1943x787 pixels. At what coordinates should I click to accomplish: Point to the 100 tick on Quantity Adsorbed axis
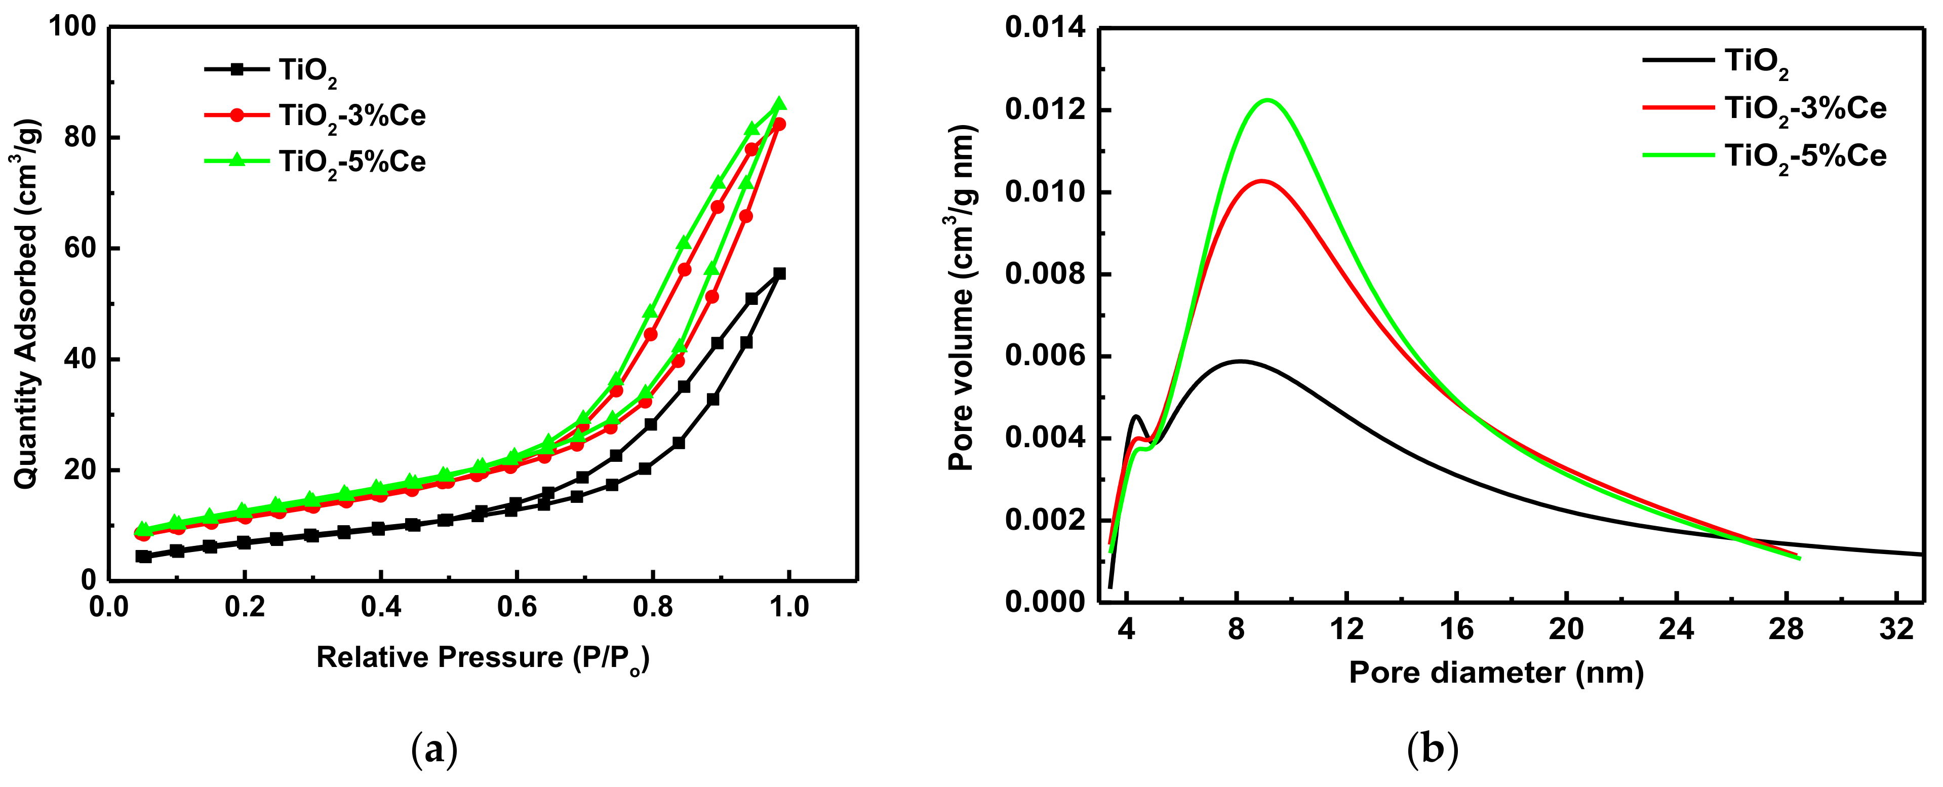[x=72, y=27]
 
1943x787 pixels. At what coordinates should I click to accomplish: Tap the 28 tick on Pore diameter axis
[x=1786, y=628]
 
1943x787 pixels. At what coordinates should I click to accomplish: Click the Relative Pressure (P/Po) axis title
[x=483, y=658]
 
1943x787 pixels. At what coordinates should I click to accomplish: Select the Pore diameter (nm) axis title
[x=1496, y=673]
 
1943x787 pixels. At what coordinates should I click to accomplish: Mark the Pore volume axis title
[x=961, y=298]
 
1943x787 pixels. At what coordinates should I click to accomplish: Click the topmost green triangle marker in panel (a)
[x=780, y=103]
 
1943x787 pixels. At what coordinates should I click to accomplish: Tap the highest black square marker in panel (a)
[x=780, y=273]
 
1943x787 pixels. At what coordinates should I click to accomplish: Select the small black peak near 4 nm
[x=1136, y=416]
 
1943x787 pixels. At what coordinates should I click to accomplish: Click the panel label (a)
[x=434, y=750]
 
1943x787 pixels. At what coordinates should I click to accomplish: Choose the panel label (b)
[x=1433, y=750]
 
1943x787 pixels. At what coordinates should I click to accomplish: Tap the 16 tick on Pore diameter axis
[x=1456, y=628]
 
